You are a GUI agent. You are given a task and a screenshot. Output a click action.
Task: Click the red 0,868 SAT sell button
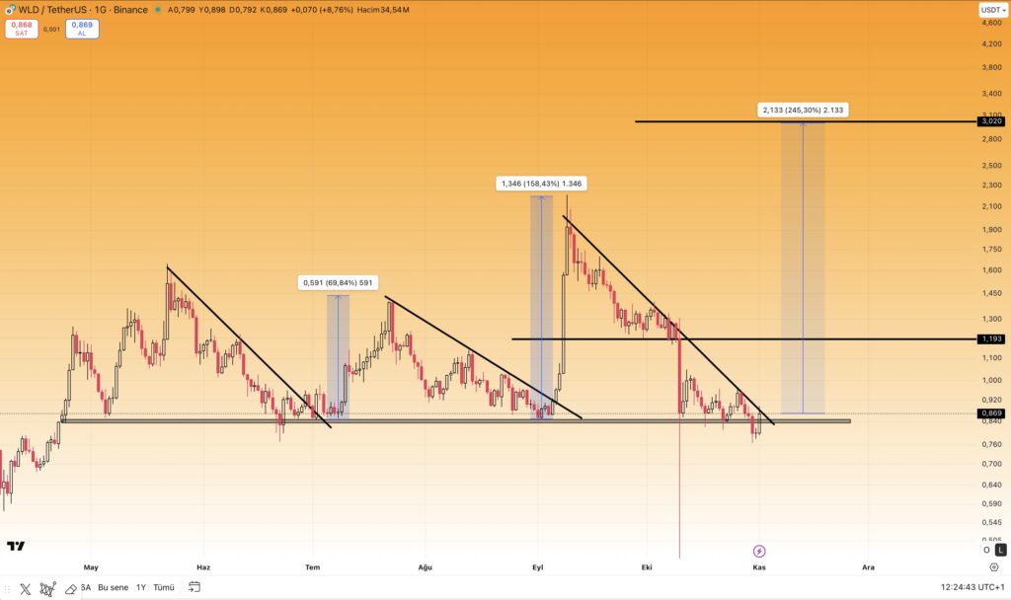click(x=21, y=29)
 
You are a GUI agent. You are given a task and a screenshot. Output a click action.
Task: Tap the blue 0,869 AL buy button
click(x=82, y=29)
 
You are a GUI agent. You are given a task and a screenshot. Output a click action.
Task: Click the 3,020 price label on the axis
click(x=990, y=121)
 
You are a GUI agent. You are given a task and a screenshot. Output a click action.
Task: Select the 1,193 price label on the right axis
click(x=990, y=338)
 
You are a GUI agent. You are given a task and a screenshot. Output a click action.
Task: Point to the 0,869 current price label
click(x=990, y=412)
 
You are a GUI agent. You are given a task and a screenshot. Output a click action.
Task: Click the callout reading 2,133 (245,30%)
click(x=804, y=110)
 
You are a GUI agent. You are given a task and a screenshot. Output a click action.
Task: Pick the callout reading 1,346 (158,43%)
click(x=541, y=184)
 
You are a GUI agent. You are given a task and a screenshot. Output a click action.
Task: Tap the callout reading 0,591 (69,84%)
click(x=338, y=283)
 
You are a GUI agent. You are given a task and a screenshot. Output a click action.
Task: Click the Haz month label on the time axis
click(x=203, y=567)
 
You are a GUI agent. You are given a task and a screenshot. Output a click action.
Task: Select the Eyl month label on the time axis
click(x=538, y=567)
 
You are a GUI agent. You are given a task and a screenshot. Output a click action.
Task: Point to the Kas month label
click(x=759, y=567)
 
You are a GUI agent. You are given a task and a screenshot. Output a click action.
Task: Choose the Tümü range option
click(x=164, y=587)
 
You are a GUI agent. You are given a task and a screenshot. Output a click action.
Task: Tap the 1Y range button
click(x=141, y=587)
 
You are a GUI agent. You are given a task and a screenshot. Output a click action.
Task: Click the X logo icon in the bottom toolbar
click(x=25, y=588)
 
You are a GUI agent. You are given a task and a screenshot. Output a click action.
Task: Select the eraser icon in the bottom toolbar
click(x=70, y=588)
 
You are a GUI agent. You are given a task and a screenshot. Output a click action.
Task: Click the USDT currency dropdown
click(x=992, y=10)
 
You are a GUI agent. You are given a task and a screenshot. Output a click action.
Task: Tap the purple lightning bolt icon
click(x=759, y=551)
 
